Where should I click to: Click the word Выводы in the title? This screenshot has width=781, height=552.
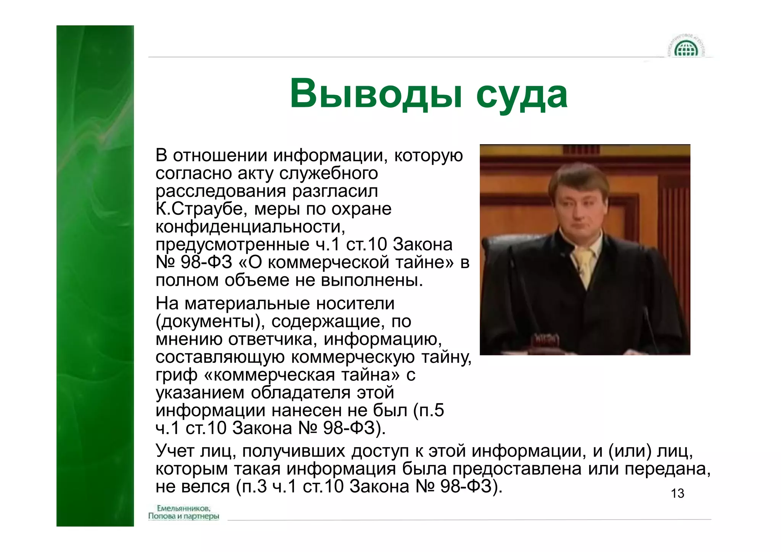click(376, 94)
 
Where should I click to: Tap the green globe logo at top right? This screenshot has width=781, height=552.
click(686, 48)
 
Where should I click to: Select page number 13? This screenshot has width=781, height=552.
click(677, 493)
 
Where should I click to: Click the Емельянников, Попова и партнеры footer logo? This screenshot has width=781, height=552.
click(183, 512)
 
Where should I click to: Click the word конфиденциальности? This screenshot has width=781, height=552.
click(250, 227)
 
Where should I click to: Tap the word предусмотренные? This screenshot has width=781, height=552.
click(233, 245)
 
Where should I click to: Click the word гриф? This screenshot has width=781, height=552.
click(176, 375)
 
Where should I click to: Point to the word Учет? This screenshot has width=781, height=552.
click(175, 451)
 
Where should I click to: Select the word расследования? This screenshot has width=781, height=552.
click(221, 191)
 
